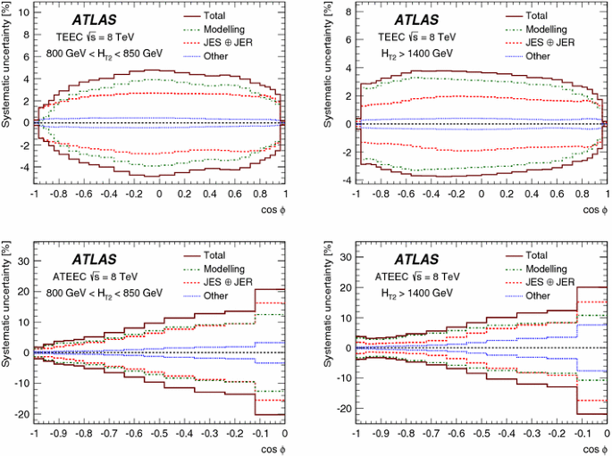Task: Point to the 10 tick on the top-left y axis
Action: point(23,15)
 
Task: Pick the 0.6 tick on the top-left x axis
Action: point(234,193)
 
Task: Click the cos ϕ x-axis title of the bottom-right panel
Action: point(591,448)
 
